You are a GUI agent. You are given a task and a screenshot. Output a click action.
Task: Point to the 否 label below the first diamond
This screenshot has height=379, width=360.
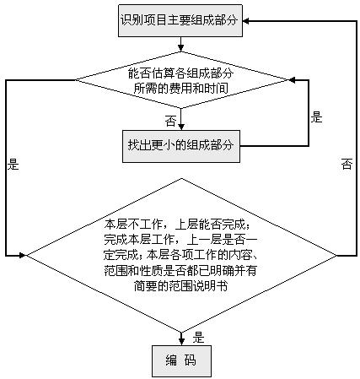pyautogui.click(x=171, y=119)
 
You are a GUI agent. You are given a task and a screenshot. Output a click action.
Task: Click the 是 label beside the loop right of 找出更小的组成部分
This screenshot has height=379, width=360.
pyautogui.click(x=316, y=117)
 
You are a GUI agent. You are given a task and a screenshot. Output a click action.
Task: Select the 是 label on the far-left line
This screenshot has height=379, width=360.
pyautogui.click(x=13, y=165)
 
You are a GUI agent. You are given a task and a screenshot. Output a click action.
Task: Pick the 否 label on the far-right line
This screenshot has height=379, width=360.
pyautogui.click(x=347, y=165)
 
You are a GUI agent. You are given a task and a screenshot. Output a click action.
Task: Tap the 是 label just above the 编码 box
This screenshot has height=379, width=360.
pyautogui.click(x=200, y=337)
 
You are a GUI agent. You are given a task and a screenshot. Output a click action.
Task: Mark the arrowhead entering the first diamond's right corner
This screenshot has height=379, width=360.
pyautogui.click(x=291, y=81)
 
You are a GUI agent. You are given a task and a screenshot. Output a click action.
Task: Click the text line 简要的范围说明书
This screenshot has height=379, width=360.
pyautogui.click(x=180, y=287)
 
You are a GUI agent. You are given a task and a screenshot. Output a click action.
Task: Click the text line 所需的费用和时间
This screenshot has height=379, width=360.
pyautogui.click(x=180, y=88)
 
